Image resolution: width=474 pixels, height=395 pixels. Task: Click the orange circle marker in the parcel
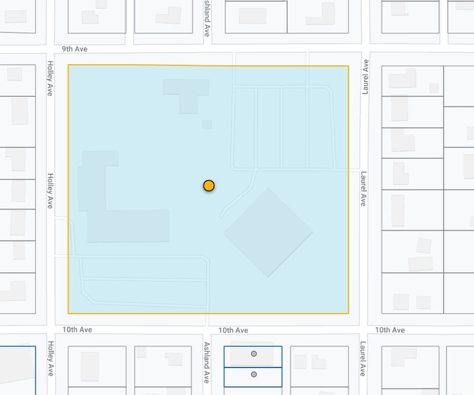tap(209, 185)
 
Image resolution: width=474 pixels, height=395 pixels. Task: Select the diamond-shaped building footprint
tap(268, 232)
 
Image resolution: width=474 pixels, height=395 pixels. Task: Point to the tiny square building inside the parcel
tap(207, 124)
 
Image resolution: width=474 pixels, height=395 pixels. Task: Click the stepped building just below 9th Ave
tap(187, 93)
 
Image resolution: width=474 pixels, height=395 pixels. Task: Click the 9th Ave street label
tap(75, 49)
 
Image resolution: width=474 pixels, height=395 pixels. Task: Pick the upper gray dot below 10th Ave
tap(254, 353)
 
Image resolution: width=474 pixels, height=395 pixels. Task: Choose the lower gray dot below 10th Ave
tap(254, 374)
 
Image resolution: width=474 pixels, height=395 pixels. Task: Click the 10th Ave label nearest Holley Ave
tap(77, 330)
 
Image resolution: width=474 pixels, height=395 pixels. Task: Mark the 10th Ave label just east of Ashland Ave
tap(233, 330)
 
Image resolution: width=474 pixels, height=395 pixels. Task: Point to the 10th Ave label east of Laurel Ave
tap(389, 330)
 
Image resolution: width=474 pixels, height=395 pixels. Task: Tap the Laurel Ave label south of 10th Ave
tap(363, 358)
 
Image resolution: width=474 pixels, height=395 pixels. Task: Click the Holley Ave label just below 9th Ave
tap(50, 78)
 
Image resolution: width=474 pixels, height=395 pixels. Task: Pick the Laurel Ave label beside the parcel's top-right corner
tap(366, 76)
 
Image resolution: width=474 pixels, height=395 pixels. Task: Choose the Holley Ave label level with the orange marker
tap(50, 190)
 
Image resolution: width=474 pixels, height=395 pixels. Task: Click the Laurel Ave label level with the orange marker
tap(363, 189)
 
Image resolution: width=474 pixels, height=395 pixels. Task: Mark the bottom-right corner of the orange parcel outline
tap(348, 313)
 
